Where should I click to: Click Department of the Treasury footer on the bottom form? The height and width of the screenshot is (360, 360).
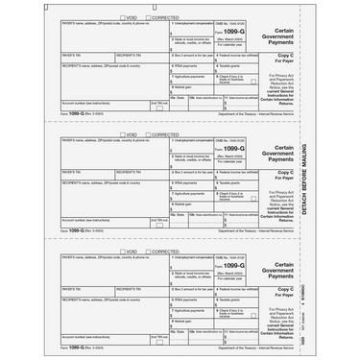click(269, 355)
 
